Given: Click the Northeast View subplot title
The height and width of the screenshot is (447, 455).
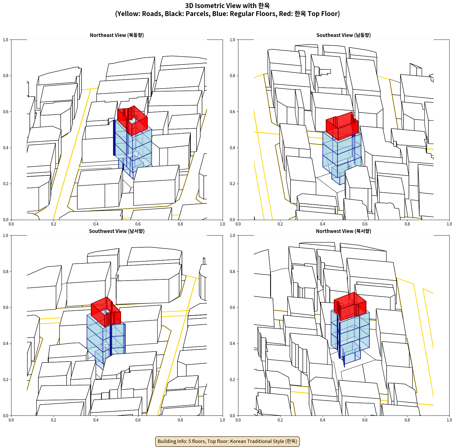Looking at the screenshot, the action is click(117, 35).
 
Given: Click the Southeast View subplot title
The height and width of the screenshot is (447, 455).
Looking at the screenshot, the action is click(343, 35).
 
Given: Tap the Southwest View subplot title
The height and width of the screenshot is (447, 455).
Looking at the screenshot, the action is click(117, 231).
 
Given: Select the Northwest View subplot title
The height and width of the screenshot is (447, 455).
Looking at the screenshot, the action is click(343, 231).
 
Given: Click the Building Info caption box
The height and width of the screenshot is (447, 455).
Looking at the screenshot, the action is click(227, 441).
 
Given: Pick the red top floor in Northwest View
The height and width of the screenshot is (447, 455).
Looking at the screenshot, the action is click(350, 306).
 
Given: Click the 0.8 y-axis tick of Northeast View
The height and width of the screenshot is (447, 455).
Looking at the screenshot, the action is click(6, 76).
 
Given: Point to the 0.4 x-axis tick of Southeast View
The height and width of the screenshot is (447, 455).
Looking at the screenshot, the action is click(323, 224).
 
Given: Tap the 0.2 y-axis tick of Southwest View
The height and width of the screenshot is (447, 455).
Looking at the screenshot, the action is click(6, 380).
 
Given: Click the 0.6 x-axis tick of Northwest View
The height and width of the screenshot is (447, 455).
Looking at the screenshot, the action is click(365, 420).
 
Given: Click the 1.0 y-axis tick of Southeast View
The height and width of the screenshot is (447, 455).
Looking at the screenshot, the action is click(233, 40).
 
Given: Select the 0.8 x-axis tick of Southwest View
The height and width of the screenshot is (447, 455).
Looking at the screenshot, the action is click(180, 420).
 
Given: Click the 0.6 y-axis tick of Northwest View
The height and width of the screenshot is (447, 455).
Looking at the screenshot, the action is click(233, 307).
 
